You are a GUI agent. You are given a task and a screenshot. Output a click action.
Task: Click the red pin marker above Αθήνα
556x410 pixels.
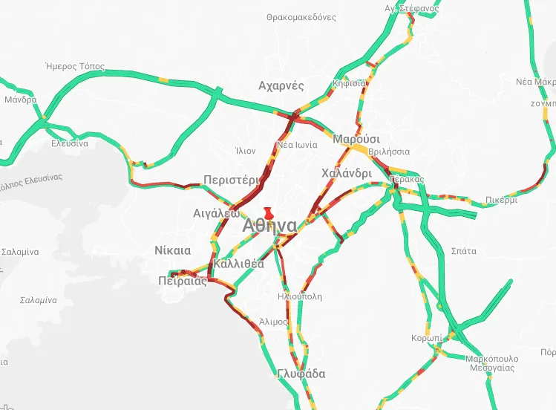coord(269,213)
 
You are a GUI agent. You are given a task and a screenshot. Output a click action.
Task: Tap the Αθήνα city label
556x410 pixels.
coord(269,226)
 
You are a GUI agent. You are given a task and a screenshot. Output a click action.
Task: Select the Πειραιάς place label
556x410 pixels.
coord(183,280)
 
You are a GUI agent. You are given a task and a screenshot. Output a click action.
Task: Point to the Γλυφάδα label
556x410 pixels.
coord(301,374)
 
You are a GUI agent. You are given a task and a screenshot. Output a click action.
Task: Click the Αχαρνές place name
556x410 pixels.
coord(281,85)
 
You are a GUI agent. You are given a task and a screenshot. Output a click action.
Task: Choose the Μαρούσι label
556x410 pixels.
coord(356,139)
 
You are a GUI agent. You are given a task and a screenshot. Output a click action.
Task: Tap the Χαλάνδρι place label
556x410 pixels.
coord(347,173)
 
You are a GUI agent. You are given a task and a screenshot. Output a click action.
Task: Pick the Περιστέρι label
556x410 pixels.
coord(232,180)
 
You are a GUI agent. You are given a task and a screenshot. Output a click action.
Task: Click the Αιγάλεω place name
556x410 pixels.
coord(216,212)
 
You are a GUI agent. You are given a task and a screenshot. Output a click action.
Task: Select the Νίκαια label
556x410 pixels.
coord(173,250)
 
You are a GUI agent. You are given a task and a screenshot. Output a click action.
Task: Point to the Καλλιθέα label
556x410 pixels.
coord(238,264)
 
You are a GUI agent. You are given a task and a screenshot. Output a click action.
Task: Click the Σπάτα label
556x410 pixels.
coord(463,251)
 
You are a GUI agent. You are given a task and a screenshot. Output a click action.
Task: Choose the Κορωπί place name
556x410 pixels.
coord(427,338)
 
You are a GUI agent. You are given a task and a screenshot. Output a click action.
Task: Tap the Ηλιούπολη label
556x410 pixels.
coord(299,296)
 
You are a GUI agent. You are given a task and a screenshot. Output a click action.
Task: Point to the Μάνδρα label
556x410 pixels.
coord(20,100)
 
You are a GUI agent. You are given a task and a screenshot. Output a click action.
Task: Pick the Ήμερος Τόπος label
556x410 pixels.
coord(75,65)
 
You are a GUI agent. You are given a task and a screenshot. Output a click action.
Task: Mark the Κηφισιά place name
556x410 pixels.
coord(350,83)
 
